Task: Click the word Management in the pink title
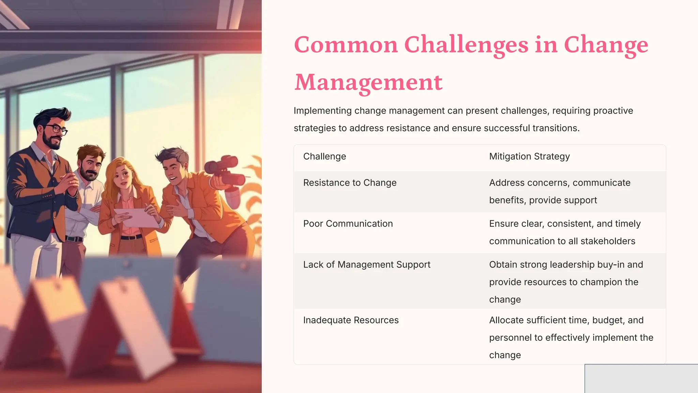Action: click(x=368, y=83)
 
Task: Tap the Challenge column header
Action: click(x=324, y=156)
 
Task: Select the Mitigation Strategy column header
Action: click(x=529, y=156)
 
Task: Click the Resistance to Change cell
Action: click(x=350, y=183)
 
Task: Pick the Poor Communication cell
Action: click(x=348, y=224)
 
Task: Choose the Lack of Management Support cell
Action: click(x=367, y=265)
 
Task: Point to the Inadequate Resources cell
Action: click(x=351, y=320)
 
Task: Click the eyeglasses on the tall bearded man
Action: click(x=56, y=129)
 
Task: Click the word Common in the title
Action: click(x=346, y=45)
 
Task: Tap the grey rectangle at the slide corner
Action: click(x=641, y=378)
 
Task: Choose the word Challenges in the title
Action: click(x=466, y=45)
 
